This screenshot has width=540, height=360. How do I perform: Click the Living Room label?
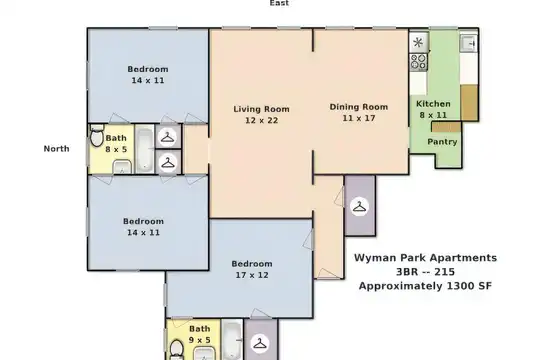click(261, 109)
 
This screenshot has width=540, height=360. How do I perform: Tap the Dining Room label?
click(359, 107)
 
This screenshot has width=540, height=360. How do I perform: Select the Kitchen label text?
click(433, 104)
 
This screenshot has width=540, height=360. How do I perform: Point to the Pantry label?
click(442, 142)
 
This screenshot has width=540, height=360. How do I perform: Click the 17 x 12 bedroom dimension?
click(252, 275)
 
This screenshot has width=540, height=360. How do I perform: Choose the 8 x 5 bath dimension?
click(116, 149)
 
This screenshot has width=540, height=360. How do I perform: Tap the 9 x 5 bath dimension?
click(200, 340)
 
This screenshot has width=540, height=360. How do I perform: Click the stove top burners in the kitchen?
click(418, 62)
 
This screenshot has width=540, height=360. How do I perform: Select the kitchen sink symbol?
click(469, 43)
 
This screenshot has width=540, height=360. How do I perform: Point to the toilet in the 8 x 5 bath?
click(97, 135)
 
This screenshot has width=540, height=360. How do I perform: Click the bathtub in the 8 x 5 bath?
click(144, 149)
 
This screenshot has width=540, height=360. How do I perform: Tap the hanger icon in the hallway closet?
click(359, 207)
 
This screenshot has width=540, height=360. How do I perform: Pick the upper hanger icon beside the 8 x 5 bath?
click(168, 137)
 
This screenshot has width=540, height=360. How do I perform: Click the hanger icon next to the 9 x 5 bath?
click(260, 343)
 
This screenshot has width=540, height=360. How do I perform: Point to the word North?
click(56, 148)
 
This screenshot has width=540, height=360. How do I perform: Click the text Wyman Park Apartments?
click(425, 258)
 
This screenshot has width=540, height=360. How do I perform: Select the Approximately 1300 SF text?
click(425, 286)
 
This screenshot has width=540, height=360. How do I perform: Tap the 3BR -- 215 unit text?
click(425, 272)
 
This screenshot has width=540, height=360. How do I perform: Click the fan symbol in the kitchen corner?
click(418, 42)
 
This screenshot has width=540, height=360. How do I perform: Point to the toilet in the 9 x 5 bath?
click(177, 349)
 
